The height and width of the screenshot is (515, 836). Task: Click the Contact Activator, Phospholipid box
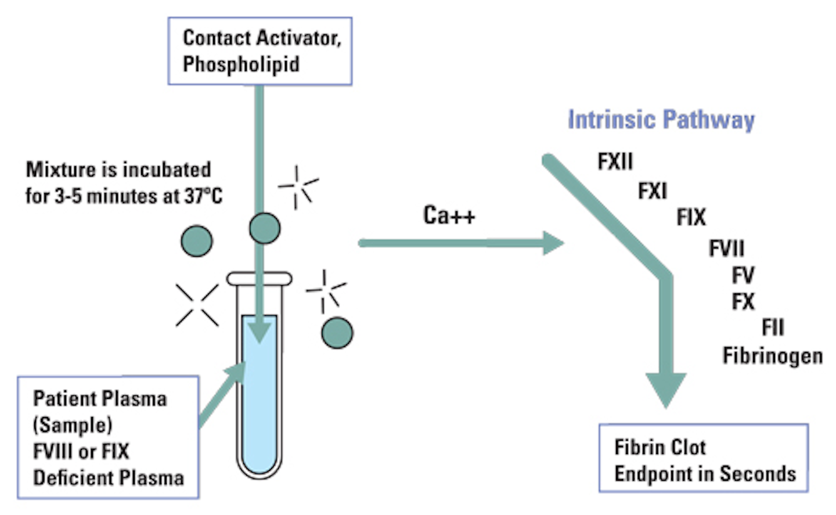260,51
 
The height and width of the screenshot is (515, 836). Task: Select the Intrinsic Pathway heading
661,120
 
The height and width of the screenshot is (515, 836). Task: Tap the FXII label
615,161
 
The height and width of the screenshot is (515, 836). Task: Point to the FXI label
653,190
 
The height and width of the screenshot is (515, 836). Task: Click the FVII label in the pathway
726,249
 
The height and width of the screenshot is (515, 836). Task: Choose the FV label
743,275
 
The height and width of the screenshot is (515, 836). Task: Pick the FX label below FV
743,302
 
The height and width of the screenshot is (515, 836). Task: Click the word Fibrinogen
772,355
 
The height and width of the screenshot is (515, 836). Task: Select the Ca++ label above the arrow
449,215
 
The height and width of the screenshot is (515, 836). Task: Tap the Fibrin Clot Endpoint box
703,459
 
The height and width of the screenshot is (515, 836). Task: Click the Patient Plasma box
108,437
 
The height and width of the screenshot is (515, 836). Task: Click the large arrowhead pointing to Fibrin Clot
666,388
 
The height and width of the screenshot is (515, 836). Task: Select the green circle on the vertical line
265,228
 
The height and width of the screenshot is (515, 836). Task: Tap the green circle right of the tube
337,333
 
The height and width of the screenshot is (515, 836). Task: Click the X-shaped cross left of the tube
197,305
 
